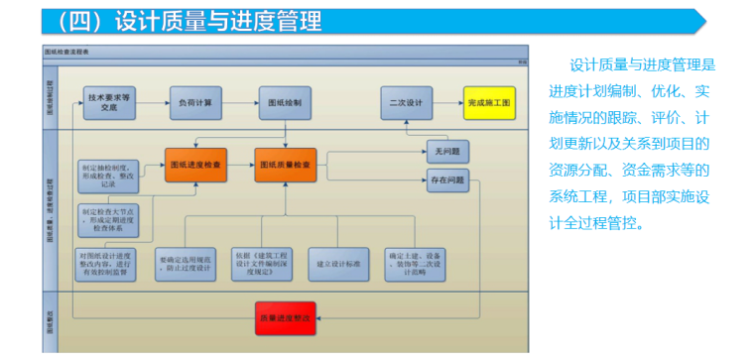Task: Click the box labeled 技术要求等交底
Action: (x=108, y=102)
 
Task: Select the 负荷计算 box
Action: (x=195, y=102)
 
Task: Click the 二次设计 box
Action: (x=406, y=102)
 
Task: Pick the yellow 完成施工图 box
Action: (x=489, y=102)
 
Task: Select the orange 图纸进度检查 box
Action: (x=196, y=163)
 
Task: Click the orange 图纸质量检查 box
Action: (x=286, y=163)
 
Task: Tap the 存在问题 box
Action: (x=447, y=180)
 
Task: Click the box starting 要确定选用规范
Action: (x=185, y=263)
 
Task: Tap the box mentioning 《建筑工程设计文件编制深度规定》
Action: (x=262, y=263)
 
